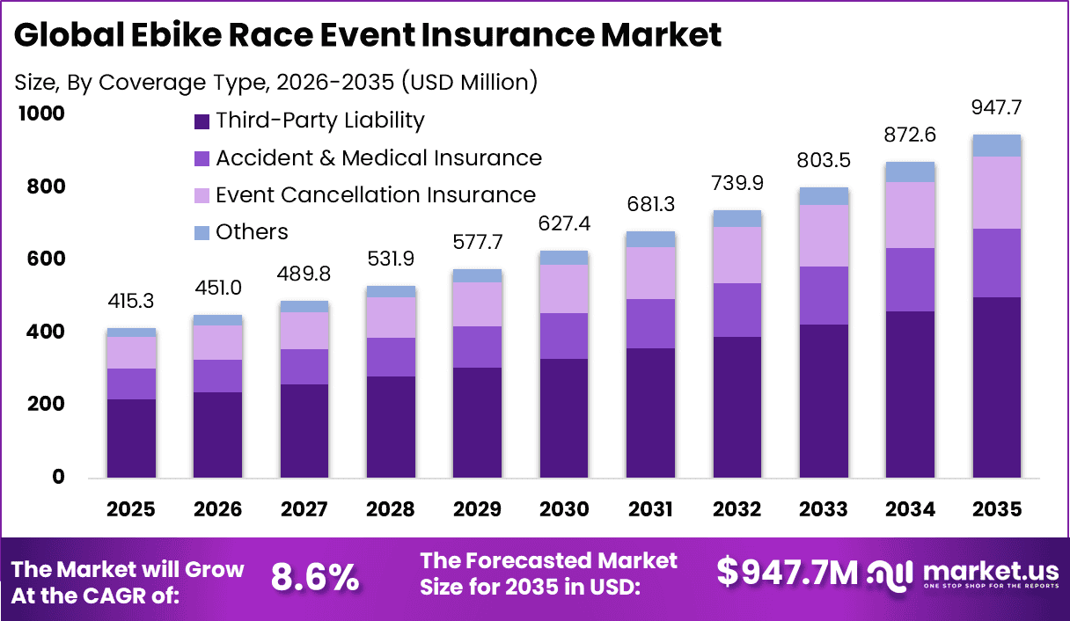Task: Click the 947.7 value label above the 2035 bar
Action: point(996,108)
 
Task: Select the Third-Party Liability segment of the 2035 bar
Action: point(996,387)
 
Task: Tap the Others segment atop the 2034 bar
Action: point(910,172)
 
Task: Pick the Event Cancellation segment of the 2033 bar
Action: point(824,236)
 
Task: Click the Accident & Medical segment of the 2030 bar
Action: point(564,335)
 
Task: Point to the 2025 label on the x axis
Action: point(131,509)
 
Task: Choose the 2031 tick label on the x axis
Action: point(650,509)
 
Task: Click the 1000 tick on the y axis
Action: point(40,113)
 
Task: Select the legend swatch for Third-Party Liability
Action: point(202,121)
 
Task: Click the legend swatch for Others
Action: point(202,233)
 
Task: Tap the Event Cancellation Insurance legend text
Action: point(376,194)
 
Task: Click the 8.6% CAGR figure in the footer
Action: point(314,577)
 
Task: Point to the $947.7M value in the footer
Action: point(787,572)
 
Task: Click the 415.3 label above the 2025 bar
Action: point(131,301)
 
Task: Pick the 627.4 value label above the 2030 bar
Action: point(564,223)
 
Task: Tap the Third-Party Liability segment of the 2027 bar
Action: point(304,431)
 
